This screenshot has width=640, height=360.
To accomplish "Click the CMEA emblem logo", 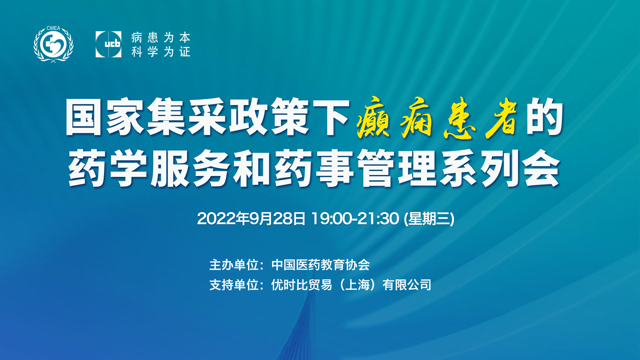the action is pos(53,44).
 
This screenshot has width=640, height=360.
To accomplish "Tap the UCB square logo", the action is pos(108,44).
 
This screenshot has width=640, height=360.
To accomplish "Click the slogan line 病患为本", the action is pos(161,37).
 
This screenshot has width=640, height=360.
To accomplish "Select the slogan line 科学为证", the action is pos(161,52).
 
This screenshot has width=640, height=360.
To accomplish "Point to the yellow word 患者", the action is pos(480,117).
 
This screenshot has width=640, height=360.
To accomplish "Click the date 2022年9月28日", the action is pos(251,219).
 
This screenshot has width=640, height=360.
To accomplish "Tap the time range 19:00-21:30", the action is pos(355,219).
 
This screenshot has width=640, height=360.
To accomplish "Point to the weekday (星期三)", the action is pos(429,219).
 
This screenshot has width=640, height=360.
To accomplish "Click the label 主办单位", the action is pos(234,265).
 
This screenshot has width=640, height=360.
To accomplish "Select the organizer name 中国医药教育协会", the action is pos(321,265).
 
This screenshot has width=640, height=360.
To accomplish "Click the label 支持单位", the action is pos(234,285).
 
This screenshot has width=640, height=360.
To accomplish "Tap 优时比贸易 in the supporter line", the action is pos(302,285).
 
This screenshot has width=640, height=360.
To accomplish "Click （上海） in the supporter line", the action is pos(357,285).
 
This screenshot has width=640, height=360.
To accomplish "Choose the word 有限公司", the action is pos(407,285).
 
